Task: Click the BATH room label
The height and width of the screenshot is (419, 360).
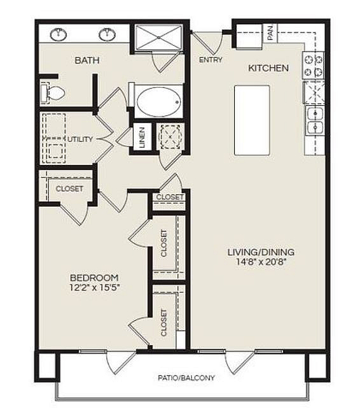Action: tap(87, 60)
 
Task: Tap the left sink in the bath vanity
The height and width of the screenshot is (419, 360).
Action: tap(58, 34)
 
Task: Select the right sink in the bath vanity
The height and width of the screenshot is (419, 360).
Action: tap(107, 34)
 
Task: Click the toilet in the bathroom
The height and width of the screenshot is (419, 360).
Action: tap(53, 93)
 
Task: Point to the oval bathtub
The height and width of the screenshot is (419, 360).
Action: tap(158, 102)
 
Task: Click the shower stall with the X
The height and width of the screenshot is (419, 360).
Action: tap(158, 38)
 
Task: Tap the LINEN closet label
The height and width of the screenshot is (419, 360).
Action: tap(142, 138)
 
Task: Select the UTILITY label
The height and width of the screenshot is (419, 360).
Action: tap(80, 139)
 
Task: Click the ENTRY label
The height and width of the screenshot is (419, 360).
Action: tap(211, 60)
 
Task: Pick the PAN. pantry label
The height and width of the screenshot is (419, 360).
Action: tap(270, 33)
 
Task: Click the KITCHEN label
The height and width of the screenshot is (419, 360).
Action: tap(268, 68)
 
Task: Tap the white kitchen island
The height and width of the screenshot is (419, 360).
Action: tap(252, 120)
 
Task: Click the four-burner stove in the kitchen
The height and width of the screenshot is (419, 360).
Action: tap(314, 66)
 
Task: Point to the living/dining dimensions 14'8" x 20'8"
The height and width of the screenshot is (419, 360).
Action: tap(261, 262)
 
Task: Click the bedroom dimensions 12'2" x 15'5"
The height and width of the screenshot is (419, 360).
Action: tap(95, 288)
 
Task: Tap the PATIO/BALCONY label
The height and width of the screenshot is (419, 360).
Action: tap(186, 378)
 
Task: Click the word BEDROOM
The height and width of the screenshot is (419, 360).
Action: tap(95, 278)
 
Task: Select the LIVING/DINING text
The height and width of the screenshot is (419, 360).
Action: tap(261, 252)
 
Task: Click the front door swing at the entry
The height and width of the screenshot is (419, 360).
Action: tap(208, 43)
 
